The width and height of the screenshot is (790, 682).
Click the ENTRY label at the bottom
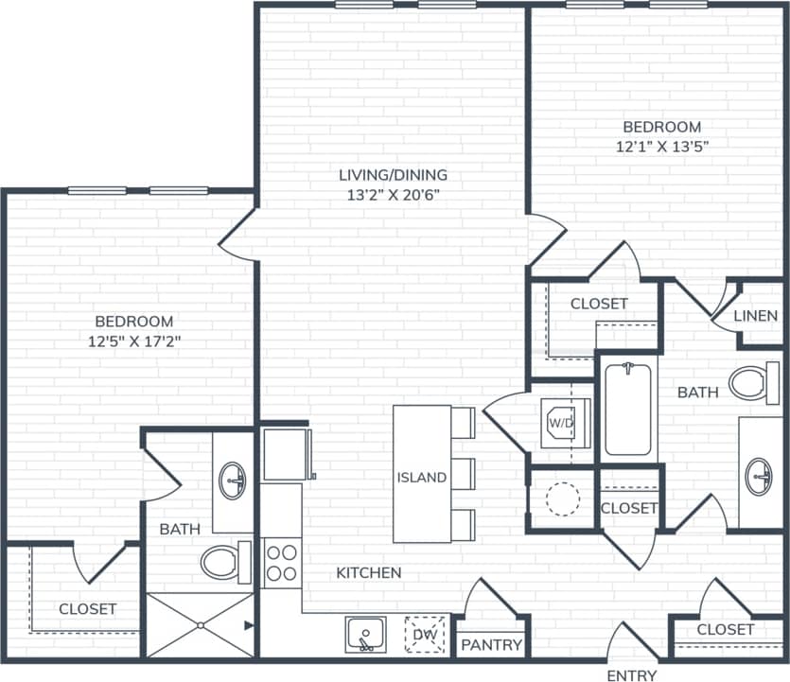[x=632, y=674]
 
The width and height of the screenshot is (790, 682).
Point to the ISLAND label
[x=421, y=477]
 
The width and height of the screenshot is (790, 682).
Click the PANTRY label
[x=491, y=645]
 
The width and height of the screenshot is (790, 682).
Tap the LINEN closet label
[x=755, y=316]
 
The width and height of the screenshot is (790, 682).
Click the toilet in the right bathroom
[x=753, y=384]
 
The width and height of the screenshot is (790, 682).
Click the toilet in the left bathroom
[x=223, y=561]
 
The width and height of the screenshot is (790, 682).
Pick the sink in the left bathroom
[x=232, y=481]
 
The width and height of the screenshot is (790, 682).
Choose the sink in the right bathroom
[x=759, y=476]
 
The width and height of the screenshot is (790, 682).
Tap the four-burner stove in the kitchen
[x=281, y=562]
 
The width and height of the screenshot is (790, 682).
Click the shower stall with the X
[x=200, y=624]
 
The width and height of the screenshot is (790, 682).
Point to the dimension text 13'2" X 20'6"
[x=393, y=195]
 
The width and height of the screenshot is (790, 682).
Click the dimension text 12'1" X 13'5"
[x=661, y=147]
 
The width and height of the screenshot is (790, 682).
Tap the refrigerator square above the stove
[x=286, y=454]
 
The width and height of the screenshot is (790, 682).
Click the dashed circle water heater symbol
[x=562, y=498]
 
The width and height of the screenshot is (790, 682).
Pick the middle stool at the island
[x=463, y=473]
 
